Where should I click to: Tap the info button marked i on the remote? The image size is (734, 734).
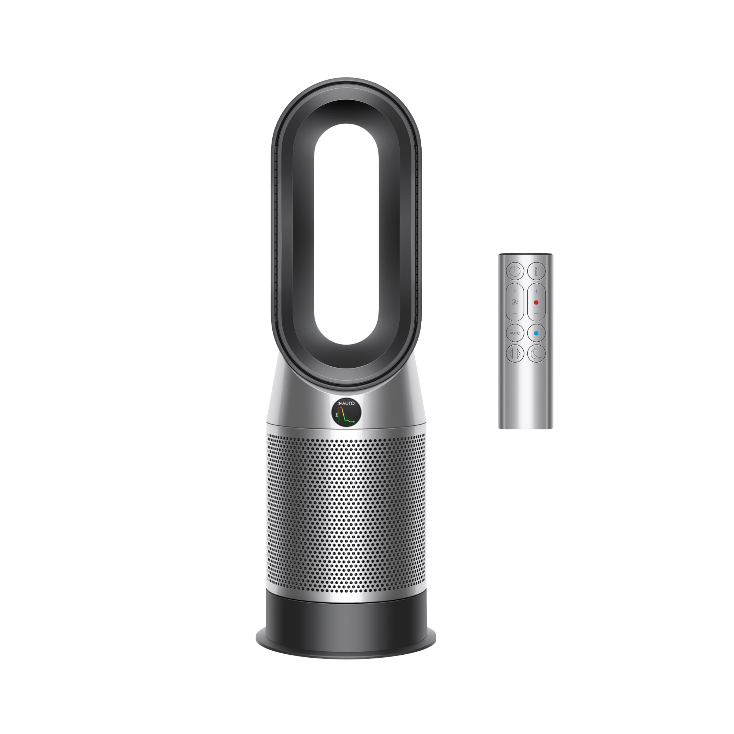(x=536, y=271)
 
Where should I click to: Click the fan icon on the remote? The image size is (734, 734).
(x=515, y=302)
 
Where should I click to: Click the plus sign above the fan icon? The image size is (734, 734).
(x=515, y=291)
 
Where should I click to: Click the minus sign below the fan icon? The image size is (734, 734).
(x=515, y=313)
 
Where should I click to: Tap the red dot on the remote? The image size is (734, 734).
(x=536, y=302)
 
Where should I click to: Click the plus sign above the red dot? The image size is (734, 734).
(x=536, y=291)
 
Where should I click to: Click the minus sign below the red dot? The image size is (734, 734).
(x=536, y=313)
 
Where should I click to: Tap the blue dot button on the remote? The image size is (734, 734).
(x=536, y=333)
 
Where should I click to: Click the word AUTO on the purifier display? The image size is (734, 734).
(x=348, y=403)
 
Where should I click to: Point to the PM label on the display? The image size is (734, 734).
(x=337, y=415)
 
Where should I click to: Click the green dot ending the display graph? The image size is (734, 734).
(x=354, y=422)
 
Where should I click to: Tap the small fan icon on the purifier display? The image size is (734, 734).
(x=341, y=403)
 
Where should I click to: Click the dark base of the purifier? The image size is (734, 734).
(x=346, y=623)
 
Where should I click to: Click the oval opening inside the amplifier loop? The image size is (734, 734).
(x=346, y=234)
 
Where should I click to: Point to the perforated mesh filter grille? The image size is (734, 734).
(x=346, y=513)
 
